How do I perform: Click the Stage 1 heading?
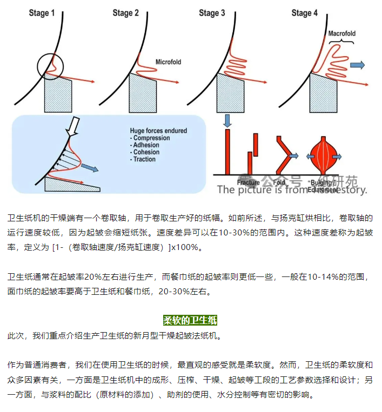(42, 12)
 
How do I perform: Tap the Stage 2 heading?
(126, 12)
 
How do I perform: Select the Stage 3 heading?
(212, 12)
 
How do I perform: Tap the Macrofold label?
(342, 33)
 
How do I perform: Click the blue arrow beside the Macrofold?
(357, 65)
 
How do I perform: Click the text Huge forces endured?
(158, 131)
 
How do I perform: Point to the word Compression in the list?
(151, 138)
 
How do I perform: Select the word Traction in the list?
(144, 159)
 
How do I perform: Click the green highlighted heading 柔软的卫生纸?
(190, 321)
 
